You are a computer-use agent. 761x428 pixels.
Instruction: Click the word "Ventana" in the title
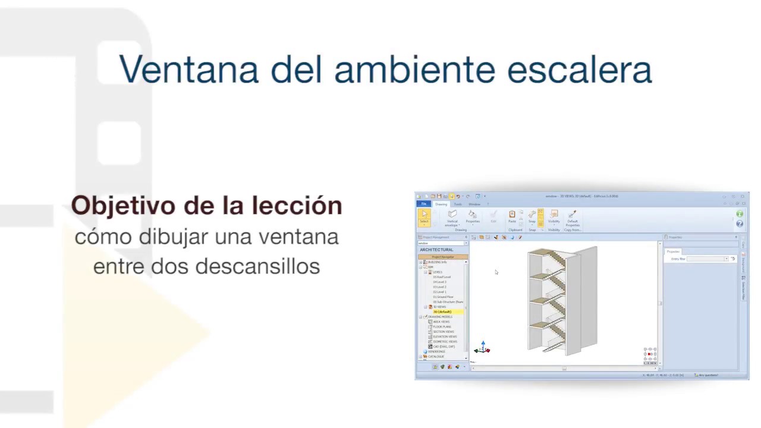tap(188, 70)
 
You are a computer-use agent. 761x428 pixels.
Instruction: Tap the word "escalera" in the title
tap(579, 70)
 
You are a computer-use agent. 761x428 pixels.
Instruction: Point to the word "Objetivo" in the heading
tap(122, 206)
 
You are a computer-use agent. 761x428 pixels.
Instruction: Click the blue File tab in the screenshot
tap(424, 204)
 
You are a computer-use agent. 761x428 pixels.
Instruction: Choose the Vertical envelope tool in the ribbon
tap(452, 218)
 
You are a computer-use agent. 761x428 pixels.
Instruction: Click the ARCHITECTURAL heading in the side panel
tap(436, 250)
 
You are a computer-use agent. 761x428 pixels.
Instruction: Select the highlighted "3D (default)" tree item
tap(442, 311)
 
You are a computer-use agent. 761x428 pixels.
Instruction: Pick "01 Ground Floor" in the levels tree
tap(443, 297)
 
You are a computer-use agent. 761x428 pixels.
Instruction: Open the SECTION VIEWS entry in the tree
tap(444, 332)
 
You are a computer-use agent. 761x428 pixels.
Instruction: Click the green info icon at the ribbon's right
tap(740, 214)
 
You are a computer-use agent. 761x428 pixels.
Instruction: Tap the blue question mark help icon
tap(740, 224)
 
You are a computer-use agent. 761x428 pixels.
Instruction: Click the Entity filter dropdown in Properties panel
tap(707, 259)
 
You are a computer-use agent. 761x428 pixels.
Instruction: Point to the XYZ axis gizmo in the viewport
tap(482, 348)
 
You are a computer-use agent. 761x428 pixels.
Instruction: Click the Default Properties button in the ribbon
tap(573, 218)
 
